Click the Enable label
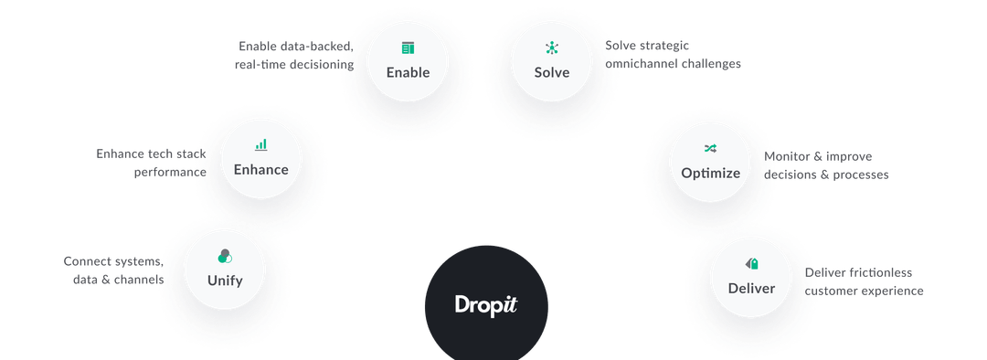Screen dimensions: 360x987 tap(408, 72)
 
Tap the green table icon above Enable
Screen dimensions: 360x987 tap(408, 48)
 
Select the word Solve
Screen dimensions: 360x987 tap(552, 72)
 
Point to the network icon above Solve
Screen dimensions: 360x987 tap(552, 48)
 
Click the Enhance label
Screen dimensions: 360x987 tap(260, 169)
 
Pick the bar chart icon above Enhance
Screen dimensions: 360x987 tap(261, 144)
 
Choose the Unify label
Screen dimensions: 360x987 tap(225, 281)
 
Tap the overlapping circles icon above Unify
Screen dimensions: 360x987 tap(225, 256)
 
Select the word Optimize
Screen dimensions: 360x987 tap(710, 173)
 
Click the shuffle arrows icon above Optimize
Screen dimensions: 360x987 tap(710, 148)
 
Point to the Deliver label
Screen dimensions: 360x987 tap(751, 289)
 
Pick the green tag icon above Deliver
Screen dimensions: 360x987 tap(751, 263)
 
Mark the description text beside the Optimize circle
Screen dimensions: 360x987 tap(828, 164)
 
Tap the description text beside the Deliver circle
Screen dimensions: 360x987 tap(863, 281)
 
